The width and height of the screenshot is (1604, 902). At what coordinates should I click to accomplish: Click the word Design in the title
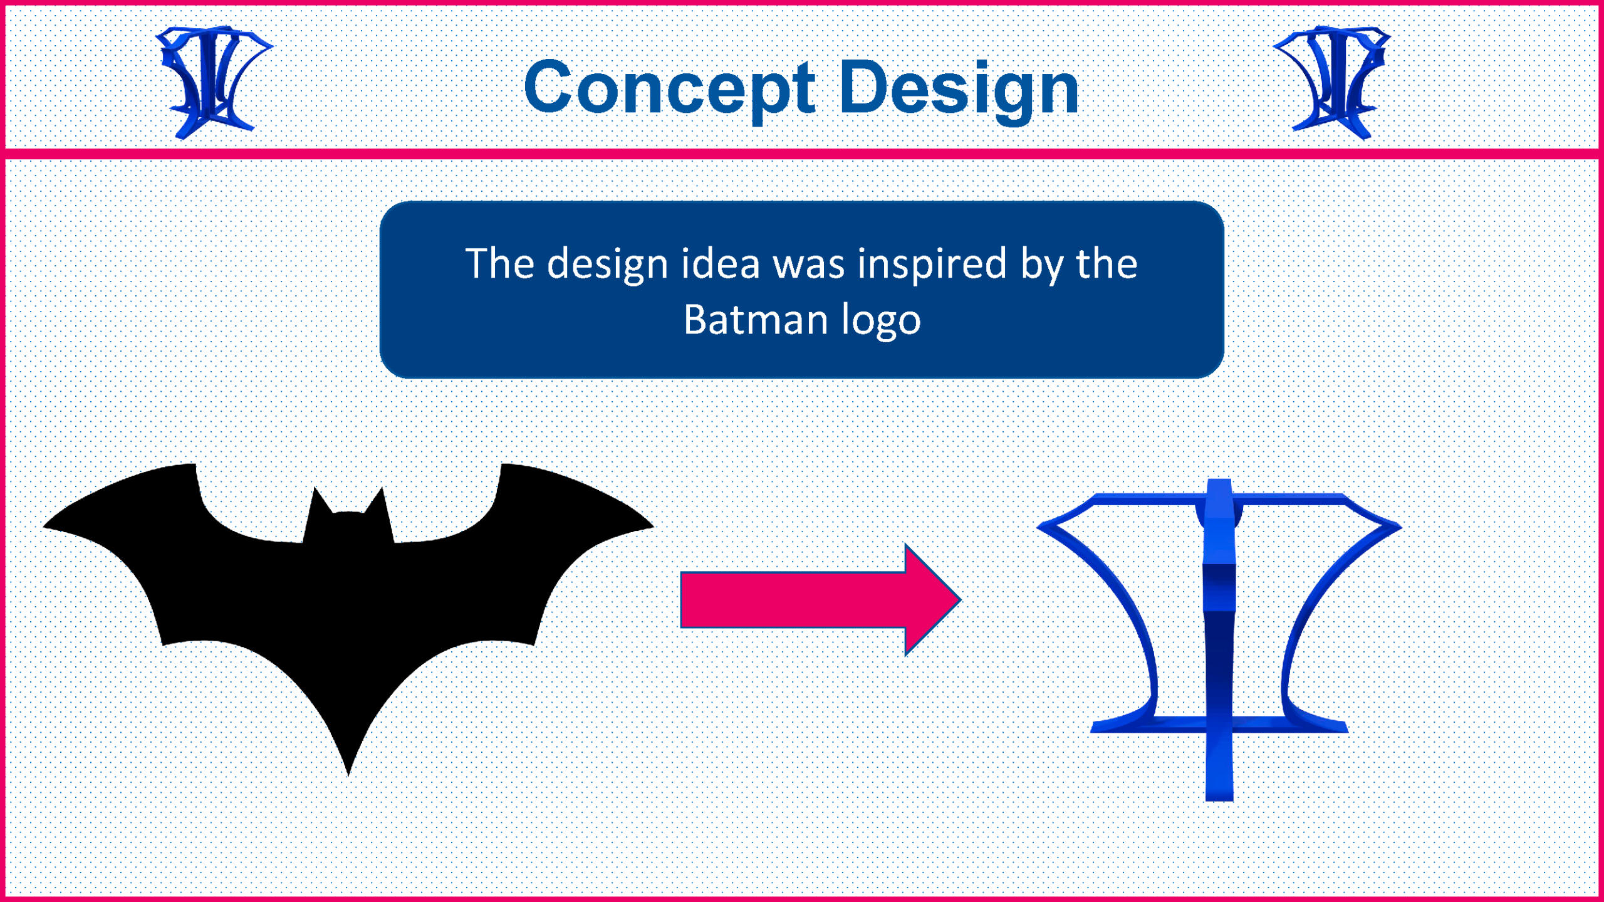pos(959,88)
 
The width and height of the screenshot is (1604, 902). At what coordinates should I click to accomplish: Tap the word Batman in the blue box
pos(756,319)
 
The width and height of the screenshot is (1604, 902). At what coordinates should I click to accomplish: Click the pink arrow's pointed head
pos(960,599)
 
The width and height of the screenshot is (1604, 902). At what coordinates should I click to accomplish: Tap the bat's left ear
pos(316,489)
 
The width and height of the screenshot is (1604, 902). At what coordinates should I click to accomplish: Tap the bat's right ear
pos(382,489)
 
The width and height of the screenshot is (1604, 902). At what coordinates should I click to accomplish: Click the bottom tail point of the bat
pos(348,775)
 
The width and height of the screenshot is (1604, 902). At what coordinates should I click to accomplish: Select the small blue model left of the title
pos(213,81)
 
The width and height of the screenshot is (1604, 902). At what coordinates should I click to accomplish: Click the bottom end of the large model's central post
pos(1219,800)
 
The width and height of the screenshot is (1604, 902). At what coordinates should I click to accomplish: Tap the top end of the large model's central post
pos(1219,481)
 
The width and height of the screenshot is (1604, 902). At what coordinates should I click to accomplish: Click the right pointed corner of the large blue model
pos(1401,527)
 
